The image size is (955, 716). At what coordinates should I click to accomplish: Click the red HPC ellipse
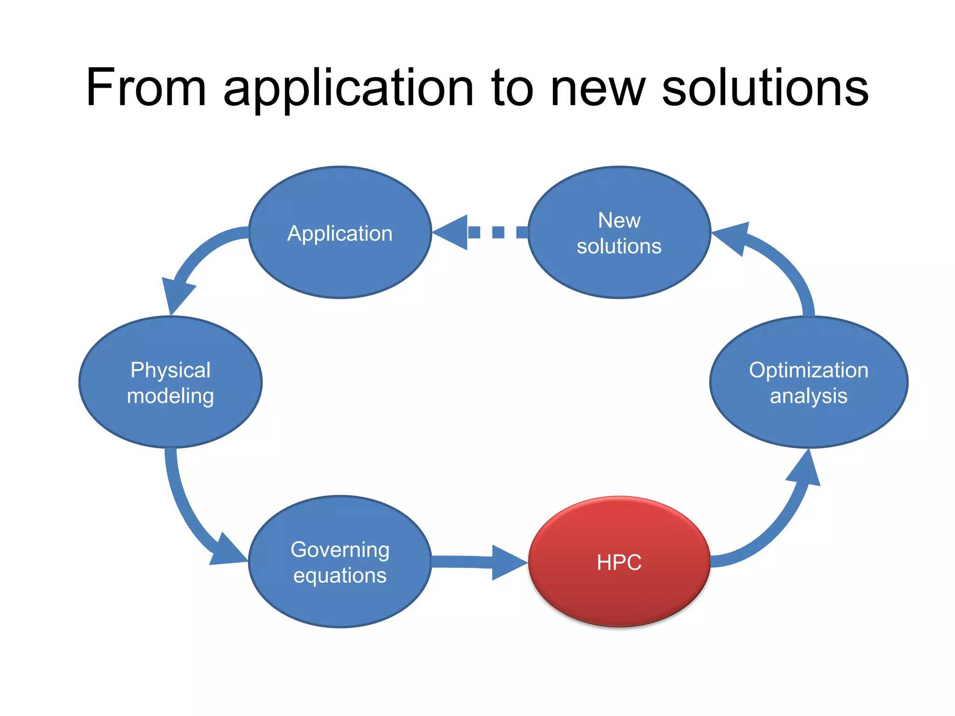[619, 562]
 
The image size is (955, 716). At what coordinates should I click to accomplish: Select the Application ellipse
[340, 232]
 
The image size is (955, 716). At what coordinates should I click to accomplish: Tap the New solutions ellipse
[619, 232]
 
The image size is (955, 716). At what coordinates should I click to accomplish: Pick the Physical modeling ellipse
[170, 382]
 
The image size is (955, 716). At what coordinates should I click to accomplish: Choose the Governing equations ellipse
[340, 562]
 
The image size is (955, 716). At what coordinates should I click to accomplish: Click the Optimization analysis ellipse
[809, 382]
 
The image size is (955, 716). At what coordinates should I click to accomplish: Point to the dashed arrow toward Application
[480, 232]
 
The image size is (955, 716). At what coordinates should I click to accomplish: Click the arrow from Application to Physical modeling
[196, 261]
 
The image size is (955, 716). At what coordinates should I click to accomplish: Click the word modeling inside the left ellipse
[170, 396]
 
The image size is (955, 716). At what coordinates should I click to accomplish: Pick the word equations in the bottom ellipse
[340, 575]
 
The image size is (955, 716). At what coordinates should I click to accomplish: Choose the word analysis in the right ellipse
[809, 396]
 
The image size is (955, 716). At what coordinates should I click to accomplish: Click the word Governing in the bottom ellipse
[340, 549]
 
